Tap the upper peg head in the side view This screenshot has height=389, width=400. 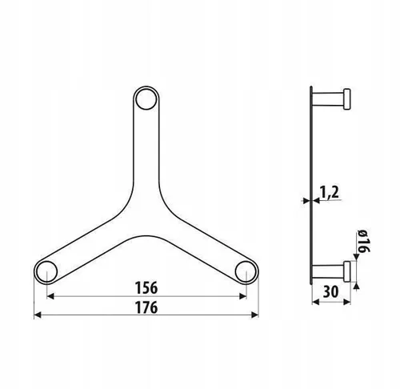(x=346, y=101)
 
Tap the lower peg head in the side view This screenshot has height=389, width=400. (x=346, y=270)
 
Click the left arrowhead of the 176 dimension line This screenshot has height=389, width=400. (x=37, y=316)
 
